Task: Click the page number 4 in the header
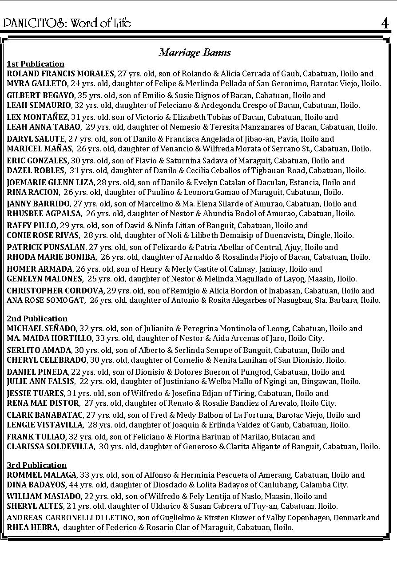click(x=385, y=23)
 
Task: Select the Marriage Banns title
click(x=195, y=52)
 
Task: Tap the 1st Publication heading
click(x=36, y=64)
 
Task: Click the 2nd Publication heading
click(x=37, y=319)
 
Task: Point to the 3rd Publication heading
click(x=36, y=465)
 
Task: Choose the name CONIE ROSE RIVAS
click(x=43, y=235)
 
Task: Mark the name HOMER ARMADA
click(x=39, y=269)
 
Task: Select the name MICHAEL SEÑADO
click(x=42, y=329)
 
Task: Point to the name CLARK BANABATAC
click(x=45, y=415)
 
